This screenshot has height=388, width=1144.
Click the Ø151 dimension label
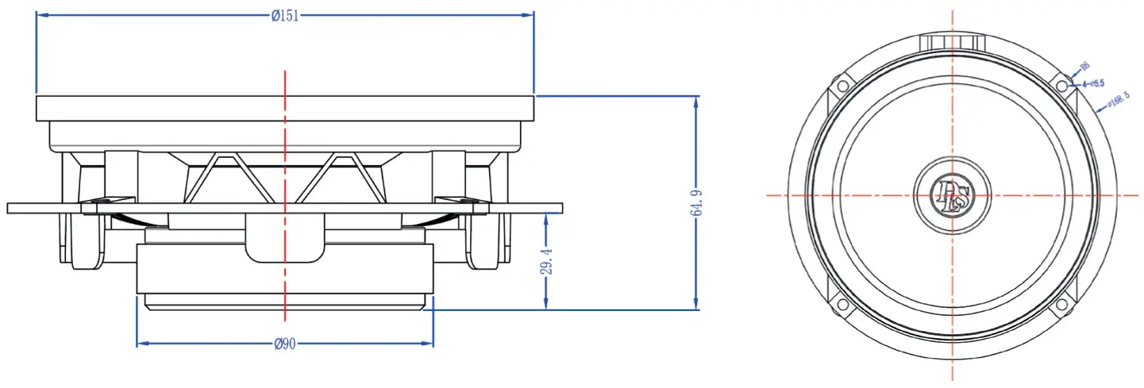pyautogui.click(x=284, y=15)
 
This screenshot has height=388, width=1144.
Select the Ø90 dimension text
pyautogui.click(x=284, y=344)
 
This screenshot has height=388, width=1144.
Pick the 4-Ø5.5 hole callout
pyautogui.click(x=1092, y=83)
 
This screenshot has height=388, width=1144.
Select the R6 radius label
pyautogui.click(x=1085, y=67)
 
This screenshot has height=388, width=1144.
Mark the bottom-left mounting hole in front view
pyautogui.click(x=842, y=305)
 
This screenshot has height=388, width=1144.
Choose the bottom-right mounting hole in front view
pyautogui.click(x=1061, y=305)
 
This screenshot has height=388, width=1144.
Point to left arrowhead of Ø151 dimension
pyautogui.click(x=41, y=15)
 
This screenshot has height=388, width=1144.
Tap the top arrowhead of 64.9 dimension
pyautogui.click(x=697, y=102)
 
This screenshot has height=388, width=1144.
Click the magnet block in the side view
pyautogui.click(x=284, y=270)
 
